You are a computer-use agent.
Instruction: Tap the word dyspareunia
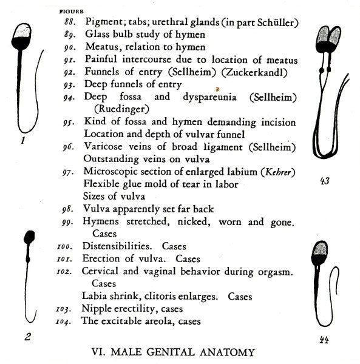pyautogui.click(x=215, y=97)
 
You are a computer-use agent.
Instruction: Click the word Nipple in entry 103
pyautogui.click(x=97, y=309)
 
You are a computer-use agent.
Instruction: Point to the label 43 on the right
pyautogui.click(x=325, y=181)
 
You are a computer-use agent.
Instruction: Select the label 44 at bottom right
pyautogui.click(x=325, y=340)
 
